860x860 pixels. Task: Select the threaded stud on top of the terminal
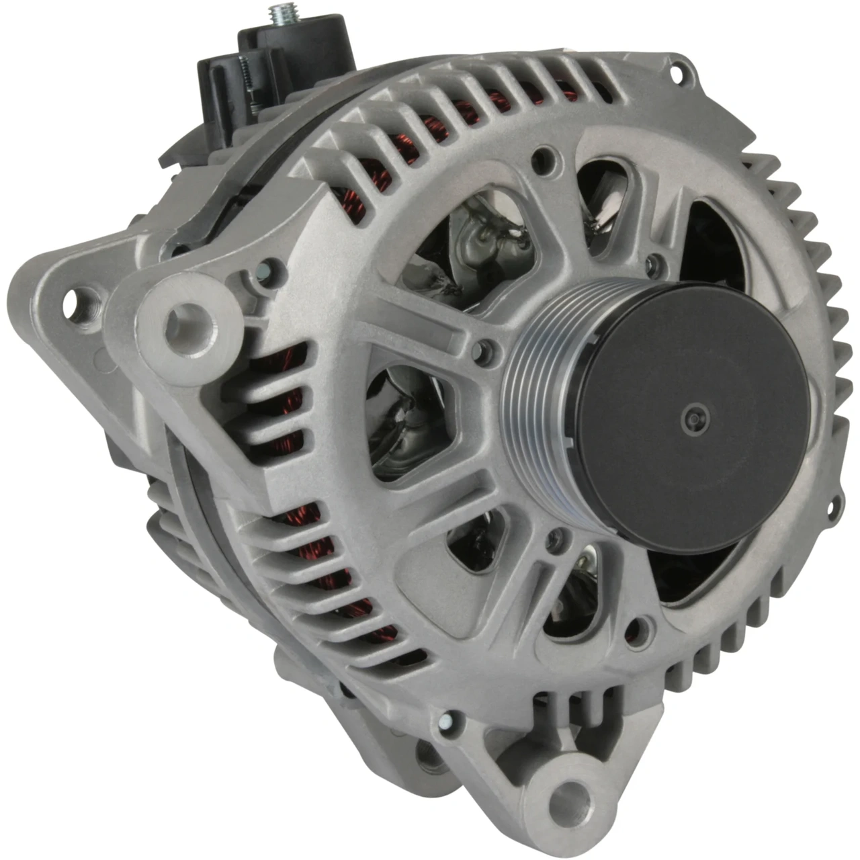coord(277,15)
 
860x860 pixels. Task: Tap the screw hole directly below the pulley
coord(556,536)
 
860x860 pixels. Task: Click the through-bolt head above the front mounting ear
coord(266,270)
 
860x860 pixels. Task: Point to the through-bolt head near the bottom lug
coord(446,722)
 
